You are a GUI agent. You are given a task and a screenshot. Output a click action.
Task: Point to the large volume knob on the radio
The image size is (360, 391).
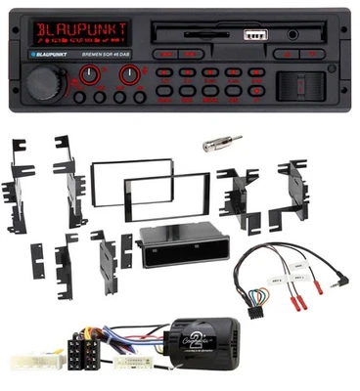(42, 82)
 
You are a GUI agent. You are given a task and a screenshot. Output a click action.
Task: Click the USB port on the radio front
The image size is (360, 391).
(252, 35)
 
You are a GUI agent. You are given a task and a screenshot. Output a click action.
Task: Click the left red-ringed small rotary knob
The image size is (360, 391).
(90, 74)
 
